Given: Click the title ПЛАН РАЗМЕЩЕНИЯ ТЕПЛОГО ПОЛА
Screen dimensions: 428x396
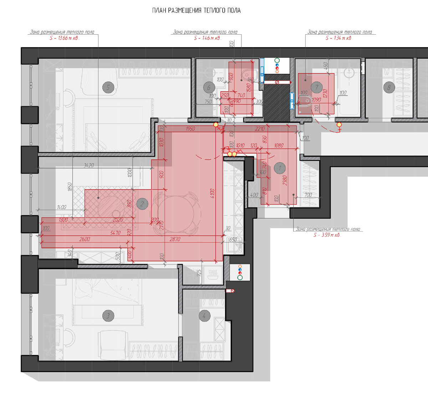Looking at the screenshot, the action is pyautogui.click(x=197, y=11).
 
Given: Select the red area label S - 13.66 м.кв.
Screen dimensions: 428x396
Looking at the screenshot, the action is pyautogui.click(x=65, y=38).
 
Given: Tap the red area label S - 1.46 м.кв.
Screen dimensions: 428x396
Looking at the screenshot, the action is pyautogui.click(x=207, y=38).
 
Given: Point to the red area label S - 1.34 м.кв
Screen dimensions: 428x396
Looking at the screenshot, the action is pyautogui.click(x=338, y=38).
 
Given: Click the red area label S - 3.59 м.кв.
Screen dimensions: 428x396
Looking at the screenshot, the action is pyautogui.click(x=327, y=235).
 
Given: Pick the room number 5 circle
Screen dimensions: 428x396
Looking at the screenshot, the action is pyautogui.click(x=108, y=87).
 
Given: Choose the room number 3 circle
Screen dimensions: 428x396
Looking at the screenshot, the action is pyautogui.click(x=108, y=315).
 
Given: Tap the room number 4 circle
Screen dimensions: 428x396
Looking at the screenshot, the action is pyautogui.click(x=204, y=315).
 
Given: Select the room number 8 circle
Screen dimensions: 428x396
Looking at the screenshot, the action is pyautogui.click(x=389, y=87).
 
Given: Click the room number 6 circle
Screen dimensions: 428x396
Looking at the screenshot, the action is pyautogui.click(x=209, y=87).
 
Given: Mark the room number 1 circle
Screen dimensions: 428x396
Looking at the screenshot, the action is pyautogui.click(x=280, y=168).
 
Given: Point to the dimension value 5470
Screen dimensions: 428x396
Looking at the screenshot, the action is pyautogui.click(x=115, y=233).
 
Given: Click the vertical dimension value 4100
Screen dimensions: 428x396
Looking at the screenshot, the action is pyautogui.click(x=213, y=193).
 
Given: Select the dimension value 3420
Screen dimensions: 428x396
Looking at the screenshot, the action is pyautogui.click(x=88, y=166).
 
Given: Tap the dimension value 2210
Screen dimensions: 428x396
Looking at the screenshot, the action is pyautogui.click(x=261, y=129).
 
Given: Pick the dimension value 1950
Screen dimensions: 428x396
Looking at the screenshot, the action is pyautogui.click(x=190, y=129).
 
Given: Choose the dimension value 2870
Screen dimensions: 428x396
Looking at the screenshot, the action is pyautogui.click(x=175, y=239).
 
